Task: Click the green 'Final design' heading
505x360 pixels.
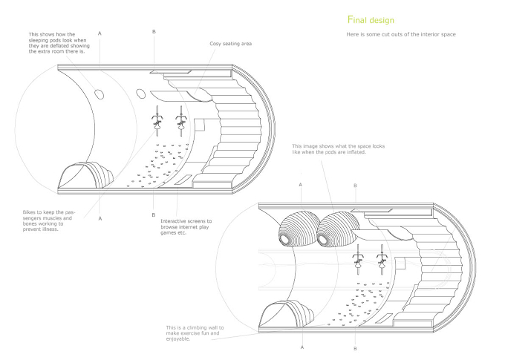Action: [x=371, y=20]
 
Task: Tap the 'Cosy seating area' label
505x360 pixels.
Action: [x=231, y=44]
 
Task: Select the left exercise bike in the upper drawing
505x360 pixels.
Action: [x=157, y=121]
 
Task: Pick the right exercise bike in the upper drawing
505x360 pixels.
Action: [x=182, y=121]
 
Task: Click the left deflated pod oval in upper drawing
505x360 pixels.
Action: [x=100, y=94]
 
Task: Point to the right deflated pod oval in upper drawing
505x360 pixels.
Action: [x=141, y=94]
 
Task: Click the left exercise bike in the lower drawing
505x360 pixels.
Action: [x=358, y=259]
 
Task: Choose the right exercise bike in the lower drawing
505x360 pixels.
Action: [x=382, y=259]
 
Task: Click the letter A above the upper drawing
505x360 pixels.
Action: [x=100, y=33]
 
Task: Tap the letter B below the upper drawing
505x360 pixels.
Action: [x=154, y=215]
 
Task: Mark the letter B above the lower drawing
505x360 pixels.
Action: [x=355, y=186]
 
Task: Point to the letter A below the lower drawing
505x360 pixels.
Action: [x=302, y=347]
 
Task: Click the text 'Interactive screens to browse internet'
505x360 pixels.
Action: [x=186, y=224]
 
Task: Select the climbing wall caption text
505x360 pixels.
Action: [x=195, y=333]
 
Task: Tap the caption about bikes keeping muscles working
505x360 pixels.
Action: [x=48, y=221]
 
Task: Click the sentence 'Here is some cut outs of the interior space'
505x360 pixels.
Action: [x=401, y=34]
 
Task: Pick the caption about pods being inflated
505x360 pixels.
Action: [x=338, y=149]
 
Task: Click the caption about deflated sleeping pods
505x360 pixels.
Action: [x=59, y=43]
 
